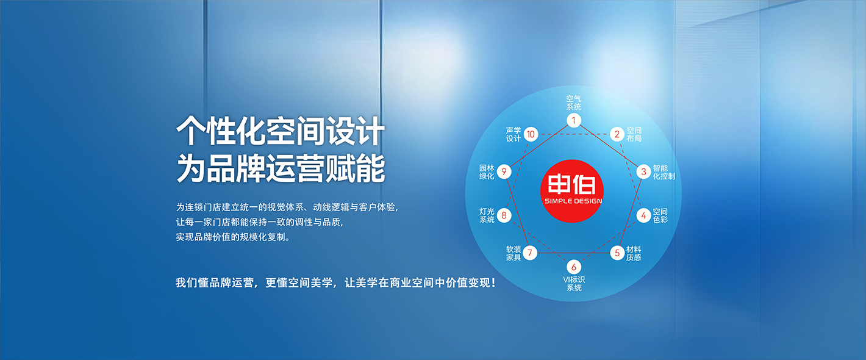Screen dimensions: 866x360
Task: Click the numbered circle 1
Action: coord(574,120)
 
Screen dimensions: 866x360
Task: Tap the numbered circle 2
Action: coord(617,134)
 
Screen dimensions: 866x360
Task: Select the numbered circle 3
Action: coord(643,171)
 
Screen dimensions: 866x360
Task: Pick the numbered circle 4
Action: coord(643,215)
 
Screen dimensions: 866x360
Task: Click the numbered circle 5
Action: coord(617,253)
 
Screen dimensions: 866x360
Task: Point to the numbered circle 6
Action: coord(574,267)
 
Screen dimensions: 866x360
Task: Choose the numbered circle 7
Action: coord(530,253)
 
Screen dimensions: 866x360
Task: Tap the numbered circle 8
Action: coord(504,215)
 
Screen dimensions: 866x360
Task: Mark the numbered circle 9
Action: coord(504,171)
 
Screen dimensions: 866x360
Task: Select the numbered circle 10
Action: coord(531,134)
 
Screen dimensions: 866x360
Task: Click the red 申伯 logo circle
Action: coord(572,191)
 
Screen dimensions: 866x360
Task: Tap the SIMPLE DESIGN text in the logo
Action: coord(573,201)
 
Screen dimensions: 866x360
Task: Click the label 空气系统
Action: coord(574,103)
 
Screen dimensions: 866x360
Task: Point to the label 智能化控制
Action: coord(664,172)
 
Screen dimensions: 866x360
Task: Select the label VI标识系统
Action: coord(574,284)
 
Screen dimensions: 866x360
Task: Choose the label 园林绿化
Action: coord(487,172)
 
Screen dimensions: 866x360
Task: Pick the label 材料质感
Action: coord(634,253)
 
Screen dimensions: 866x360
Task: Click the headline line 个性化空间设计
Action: coord(281,131)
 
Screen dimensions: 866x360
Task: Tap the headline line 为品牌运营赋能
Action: coord(281,168)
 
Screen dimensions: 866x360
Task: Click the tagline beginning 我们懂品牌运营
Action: coord(335,283)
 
